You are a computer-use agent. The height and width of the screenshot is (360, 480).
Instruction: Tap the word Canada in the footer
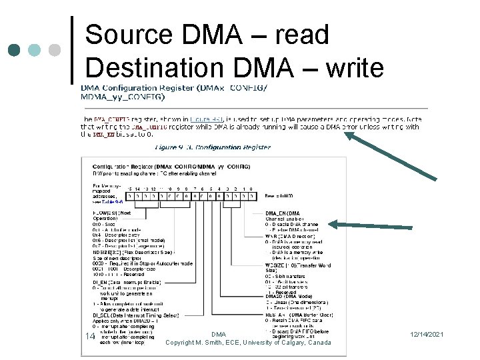[x=319, y=342]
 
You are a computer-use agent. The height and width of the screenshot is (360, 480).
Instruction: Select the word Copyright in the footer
[x=182, y=342]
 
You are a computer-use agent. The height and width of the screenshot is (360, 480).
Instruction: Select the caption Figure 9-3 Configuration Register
[x=213, y=147]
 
